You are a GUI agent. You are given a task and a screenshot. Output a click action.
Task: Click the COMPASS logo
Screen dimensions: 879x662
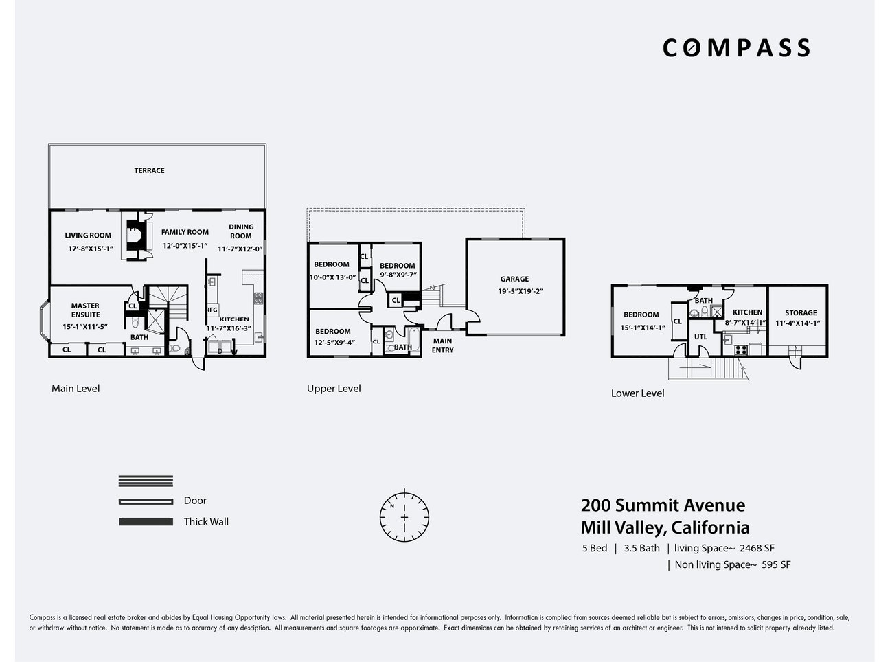coord(736,48)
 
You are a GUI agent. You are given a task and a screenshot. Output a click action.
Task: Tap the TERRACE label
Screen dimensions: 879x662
coord(149,170)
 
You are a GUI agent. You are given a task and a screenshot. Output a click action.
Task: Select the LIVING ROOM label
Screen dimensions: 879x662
coord(88,236)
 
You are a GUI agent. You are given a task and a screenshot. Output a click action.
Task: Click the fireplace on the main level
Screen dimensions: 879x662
coord(137,236)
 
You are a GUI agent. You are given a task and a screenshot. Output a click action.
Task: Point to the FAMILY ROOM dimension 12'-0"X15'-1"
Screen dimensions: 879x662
coord(185,246)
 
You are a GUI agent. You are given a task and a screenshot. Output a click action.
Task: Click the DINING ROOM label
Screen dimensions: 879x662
coord(241,231)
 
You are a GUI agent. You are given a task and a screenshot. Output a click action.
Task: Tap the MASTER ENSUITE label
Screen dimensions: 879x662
coord(85,310)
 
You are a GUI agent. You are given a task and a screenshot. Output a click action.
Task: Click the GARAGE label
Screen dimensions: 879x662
coord(514,279)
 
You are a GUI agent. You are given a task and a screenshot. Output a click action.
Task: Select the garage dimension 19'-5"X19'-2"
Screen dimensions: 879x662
coord(521,292)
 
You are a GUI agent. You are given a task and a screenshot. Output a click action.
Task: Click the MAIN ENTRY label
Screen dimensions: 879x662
coord(442,345)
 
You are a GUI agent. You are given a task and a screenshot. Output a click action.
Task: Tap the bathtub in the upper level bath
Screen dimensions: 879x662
coord(413,340)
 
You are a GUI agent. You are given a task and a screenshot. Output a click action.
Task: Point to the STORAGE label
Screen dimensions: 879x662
coord(801,312)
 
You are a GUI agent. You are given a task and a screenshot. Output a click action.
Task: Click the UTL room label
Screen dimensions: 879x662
coord(700,336)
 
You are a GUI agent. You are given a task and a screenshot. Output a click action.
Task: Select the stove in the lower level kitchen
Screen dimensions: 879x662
coord(741,350)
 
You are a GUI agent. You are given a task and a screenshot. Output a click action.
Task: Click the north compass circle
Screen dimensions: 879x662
coord(404,517)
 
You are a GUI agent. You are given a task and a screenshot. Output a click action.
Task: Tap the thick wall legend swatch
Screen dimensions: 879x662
coord(146,522)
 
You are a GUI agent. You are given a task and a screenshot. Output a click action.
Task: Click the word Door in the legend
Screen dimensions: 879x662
coord(195,501)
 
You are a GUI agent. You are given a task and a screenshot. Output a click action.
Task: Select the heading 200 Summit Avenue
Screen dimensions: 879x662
coord(663,505)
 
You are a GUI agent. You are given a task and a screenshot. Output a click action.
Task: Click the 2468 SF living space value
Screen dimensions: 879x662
coord(757,548)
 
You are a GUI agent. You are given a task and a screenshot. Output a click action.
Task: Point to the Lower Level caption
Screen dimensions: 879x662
coord(637,393)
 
